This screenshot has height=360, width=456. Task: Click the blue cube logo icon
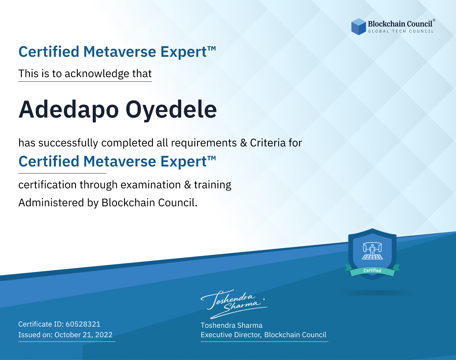358,27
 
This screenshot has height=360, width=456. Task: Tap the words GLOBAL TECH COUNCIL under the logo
401,31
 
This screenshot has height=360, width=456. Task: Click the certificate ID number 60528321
83,324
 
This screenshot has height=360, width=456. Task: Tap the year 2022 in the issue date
104,334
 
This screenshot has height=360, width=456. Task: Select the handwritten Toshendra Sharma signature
234,304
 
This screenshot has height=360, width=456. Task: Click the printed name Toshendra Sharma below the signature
231,325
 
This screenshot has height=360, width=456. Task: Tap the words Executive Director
230,335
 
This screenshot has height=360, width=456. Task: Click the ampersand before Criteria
244,143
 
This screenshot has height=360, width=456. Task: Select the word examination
150,185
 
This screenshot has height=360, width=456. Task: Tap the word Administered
51,202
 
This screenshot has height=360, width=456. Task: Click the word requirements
204,143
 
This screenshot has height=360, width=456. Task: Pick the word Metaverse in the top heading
120,52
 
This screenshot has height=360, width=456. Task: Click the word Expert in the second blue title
184,162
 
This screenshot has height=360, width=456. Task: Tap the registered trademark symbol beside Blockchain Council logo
434,20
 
